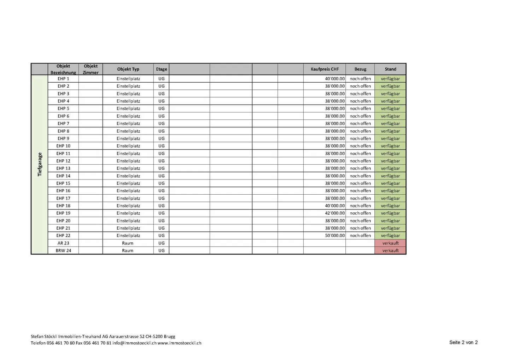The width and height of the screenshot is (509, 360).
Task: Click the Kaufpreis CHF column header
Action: pyautogui.click(x=324, y=69)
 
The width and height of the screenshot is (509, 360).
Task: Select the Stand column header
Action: pyautogui.click(x=390, y=69)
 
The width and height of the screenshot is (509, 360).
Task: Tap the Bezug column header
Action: pyautogui.click(x=360, y=69)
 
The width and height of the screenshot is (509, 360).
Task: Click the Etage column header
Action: pyautogui.click(x=161, y=69)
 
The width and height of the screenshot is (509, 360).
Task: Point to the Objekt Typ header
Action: pyautogui.click(x=128, y=69)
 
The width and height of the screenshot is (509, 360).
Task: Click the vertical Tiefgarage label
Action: pyautogui.click(x=40, y=164)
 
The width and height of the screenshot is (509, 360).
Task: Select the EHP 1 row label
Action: pyautogui.click(x=63, y=79)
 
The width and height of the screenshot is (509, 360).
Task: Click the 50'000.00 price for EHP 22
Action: pyautogui.click(x=334, y=236)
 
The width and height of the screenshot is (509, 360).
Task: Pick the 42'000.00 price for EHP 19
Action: pyautogui.click(x=334, y=213)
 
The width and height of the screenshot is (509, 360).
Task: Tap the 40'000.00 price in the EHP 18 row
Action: pyautogui.click(x=334, y=206)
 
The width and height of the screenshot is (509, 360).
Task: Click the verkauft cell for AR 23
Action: pyautogui.click(x=390, y=243)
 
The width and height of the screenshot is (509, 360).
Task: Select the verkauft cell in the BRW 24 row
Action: pyautogui.click(x=390, y=250)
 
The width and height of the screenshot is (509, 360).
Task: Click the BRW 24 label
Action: pyautogui.click(x=63, y=250)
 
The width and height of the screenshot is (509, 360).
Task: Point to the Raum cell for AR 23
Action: pyautogui.click(x=128, y=243)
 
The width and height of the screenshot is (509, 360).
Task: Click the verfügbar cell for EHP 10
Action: pyautogui.click(x=390, y=146)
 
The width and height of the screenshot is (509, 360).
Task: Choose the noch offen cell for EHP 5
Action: pyautogui.click(x=360, y=108)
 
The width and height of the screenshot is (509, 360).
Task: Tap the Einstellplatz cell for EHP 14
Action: pyautogui.click(x=128, y=176)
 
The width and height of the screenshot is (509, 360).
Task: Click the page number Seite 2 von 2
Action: pyautogui.click(x=463, y=342)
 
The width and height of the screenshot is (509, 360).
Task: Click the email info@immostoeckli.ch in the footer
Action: pyautogui.click(x=134, y=343)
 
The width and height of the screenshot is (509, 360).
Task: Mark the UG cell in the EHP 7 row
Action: pyautogui.click(x=161, y=124)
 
